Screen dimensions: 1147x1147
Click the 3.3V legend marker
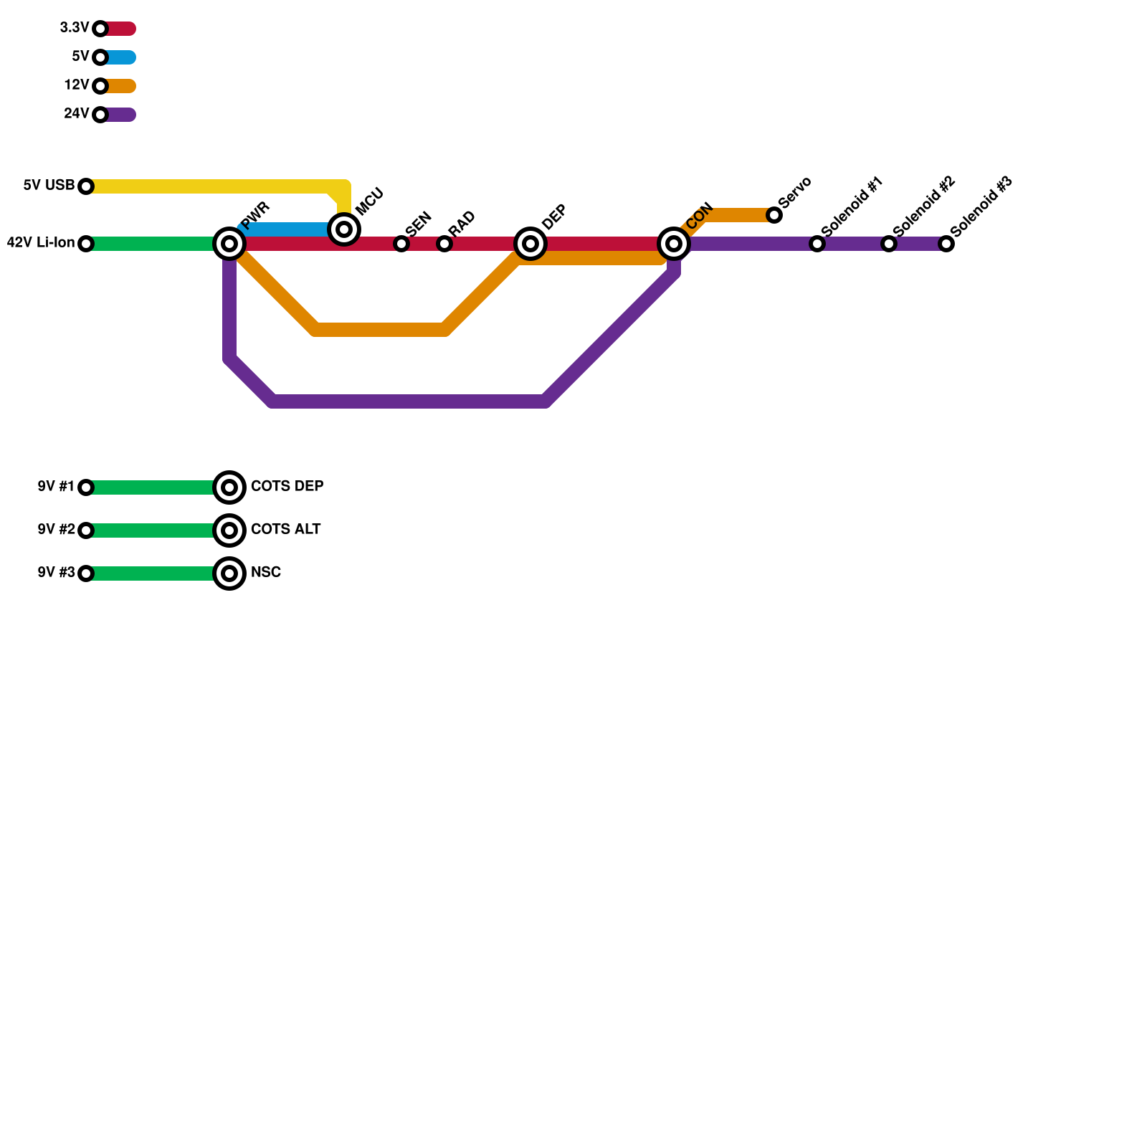pyautogui.click(x=100, y=29)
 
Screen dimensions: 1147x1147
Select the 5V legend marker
pyautogui.click(x=100, y=57)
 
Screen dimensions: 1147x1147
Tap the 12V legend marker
pyautogui.click(x=100, y=86)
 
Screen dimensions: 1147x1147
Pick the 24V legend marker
pyautogui.click(x=100, y=115)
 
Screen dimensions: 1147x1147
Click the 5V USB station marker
pyautogui.click(x=86, y=186)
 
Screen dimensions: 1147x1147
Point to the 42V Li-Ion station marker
pyautogui.click(x=86, y=244)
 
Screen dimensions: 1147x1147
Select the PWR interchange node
pyautogui.click(x=229, y=244)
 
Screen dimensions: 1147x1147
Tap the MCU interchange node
pyautogui.click(x=344, y=229)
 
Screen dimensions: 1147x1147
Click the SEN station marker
pyautogui.click(x=401, y=244)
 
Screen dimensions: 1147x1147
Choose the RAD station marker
pyautogui.click(x=444, y=244)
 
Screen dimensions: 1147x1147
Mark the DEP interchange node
pyautogui.click(x=530, y=244)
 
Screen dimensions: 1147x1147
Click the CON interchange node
pyautogui.click(x=674, y=244)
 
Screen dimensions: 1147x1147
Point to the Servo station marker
pyautogui.click(x=774, y=215)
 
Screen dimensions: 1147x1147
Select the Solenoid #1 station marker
pyautogui.click(x=817, y=244)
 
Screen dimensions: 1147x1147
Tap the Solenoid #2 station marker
pyautogui.click(x=889, y=244)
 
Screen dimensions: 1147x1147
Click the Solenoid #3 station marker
pyautogui.click(x=946, y=244)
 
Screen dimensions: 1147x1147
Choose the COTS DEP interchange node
pyautogui.click(x=229, y=487)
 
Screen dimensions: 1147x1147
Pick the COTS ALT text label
pyautogui.click(x=285, y=530)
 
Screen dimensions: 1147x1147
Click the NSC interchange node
pyautogui.click(x=229, y=573)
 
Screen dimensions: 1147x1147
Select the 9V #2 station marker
pyautogui.click(x=86, y=530)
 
